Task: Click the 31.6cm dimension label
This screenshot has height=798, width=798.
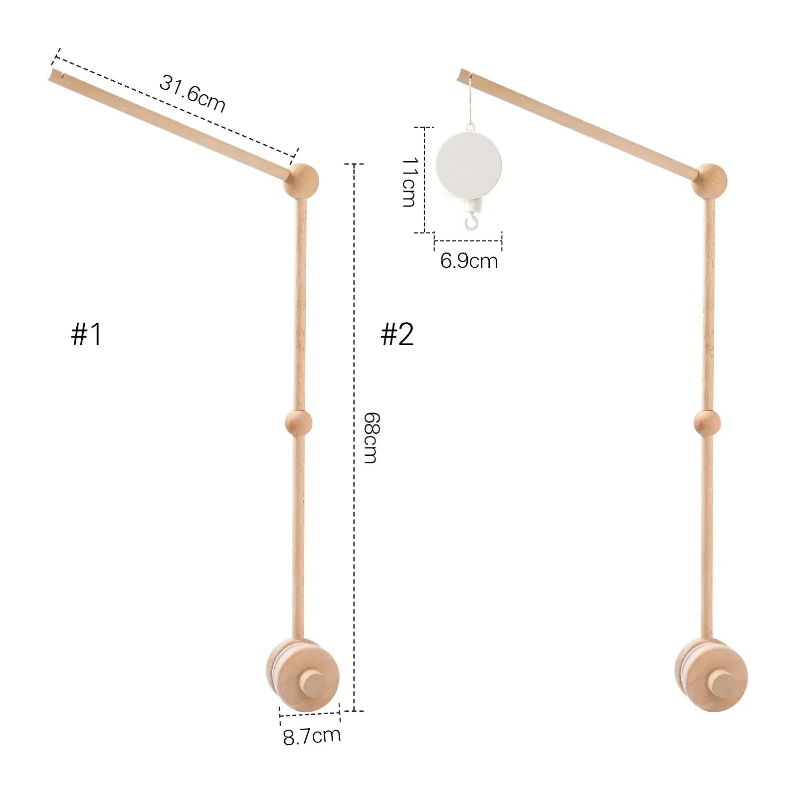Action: [193, 94]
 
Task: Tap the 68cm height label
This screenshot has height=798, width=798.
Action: [370, 437]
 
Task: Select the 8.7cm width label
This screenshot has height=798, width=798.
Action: [312, 736]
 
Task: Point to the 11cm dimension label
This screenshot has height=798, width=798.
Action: [409, 182]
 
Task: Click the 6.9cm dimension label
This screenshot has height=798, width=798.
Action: [469, 261]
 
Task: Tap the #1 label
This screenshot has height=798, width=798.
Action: [87, 334]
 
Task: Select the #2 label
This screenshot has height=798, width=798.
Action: [398, 334]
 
